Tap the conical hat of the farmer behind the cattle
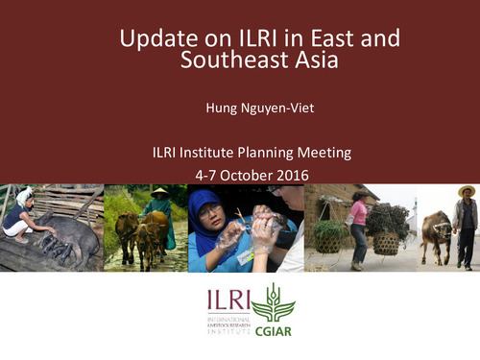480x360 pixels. (158, 192)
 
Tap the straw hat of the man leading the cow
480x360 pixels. (467, 190)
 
